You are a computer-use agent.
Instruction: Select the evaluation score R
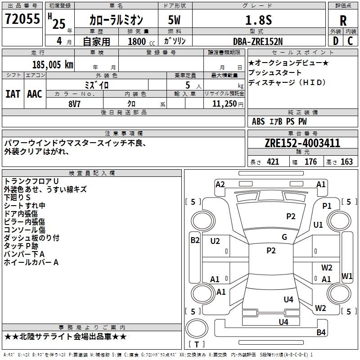pyautogui.click(x=343, y=21)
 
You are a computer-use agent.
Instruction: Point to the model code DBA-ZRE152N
pyautogui.click(x=258, y=41)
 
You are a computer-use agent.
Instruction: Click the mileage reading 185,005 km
pyautogui.click(x=53, y=64)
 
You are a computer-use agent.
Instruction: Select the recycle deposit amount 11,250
pyautogui.click(x=225, y=104)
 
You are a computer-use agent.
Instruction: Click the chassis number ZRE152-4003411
pyautogui.click(x=302, y=144)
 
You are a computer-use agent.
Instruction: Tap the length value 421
pyautogui.click(x=272, y=162)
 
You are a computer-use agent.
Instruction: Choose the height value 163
pyautogui.click(x=346, y=162)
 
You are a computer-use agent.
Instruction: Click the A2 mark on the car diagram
pyautogui.click(x=220, y=184)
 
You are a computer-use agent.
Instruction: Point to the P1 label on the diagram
pyautogui.click(x=327, y=206)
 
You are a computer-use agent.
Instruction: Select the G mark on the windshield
pyautogui.click(x=284, y=237)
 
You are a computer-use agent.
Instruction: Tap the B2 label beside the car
pyautogui.click(x=195, y=240)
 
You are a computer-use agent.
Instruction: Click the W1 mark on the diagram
pyautogui.click(x=347, y=276)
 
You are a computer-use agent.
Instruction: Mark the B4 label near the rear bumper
pyautogui.click(x=321, y=333)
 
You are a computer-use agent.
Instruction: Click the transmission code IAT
pyautogui.click(x=13, y=94)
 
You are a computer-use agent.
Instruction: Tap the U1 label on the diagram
pyautogui.click(x=318, y=225)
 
